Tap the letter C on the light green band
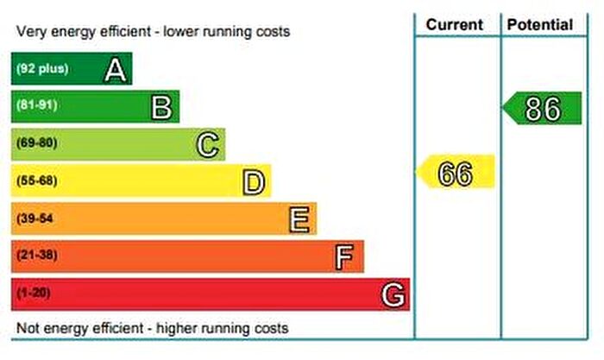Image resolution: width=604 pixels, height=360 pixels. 208,144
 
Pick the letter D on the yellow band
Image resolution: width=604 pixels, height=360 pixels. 254,182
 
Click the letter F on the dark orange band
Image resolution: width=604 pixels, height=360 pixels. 345,256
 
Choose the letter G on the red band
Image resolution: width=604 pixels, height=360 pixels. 393,294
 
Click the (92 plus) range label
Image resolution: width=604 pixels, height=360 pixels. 41,69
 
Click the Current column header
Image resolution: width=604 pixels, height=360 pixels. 455,25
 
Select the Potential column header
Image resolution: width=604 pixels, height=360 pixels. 540,25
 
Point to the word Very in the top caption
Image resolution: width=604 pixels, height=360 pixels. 31,32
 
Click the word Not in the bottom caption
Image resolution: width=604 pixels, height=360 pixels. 28,329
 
